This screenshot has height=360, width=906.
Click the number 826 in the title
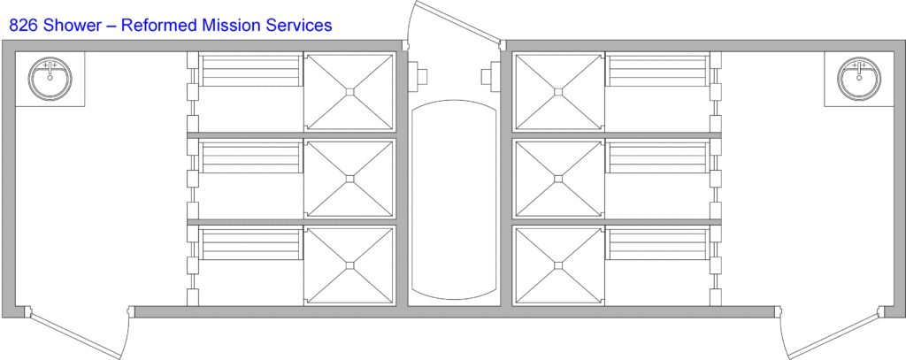coord(22,26)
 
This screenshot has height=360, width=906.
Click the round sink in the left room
coord(50,79)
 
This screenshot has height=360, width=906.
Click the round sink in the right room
coord(859,79)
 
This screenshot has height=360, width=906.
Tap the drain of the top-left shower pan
coord(349,92)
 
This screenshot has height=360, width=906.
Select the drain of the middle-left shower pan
coord(349,180)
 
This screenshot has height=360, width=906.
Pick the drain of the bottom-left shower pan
coord(349,266)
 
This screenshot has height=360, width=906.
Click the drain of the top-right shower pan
coord(558,92)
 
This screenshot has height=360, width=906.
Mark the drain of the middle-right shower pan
coord(558,180)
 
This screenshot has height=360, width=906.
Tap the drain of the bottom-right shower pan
coord(558,266)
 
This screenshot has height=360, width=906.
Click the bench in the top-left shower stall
coord(250,69)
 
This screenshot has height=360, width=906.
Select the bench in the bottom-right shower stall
coord(657,243)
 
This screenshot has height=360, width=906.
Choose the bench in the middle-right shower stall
coord(657,157)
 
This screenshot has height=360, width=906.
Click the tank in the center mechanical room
coord(454,200)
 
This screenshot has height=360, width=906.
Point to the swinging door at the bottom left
coord(79,333)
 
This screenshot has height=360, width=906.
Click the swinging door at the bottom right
coord(828,333)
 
